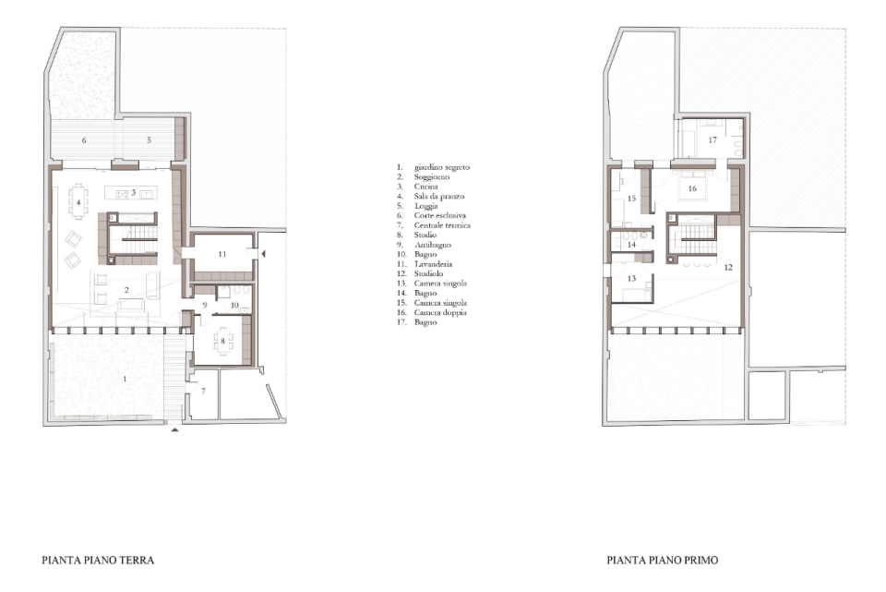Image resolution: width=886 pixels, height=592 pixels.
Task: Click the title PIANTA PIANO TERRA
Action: click(x=98, y=561)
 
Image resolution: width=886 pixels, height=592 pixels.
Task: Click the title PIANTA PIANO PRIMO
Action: click(x=663, y=561)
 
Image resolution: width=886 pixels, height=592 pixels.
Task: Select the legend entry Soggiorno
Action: click(x=432, y=177)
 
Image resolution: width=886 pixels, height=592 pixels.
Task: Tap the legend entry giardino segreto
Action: click(x=442, y=167)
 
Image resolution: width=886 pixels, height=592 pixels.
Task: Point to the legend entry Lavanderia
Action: click(x=433, y=264)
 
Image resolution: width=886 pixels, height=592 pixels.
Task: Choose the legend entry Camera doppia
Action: click(x=440, y=312)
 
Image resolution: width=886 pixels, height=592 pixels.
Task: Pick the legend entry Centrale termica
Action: click(x=442, y=225)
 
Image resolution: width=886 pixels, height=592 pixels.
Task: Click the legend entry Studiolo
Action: click(x=428, y=273)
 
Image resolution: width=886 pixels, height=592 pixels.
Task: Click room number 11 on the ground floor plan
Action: click(x=222, y=255)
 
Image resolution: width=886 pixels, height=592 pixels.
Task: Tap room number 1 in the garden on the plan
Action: click(x=125, y=379)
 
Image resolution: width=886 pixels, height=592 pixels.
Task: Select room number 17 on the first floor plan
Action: click(x=712, y=139)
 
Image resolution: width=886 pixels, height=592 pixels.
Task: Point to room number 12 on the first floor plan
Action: click(x=728, y=268)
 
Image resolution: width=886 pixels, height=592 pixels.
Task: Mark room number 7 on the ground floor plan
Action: click(x=203, y=391)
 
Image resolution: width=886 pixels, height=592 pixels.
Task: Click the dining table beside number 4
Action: click(x=79, y=202)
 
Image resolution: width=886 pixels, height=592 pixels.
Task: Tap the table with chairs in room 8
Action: click(x=223, y=341)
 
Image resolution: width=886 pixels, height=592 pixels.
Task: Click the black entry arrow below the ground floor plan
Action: click(x=175, y=430)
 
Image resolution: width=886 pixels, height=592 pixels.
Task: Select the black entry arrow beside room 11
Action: click(x=263, y=255)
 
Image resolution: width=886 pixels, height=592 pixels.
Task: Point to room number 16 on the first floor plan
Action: click(x=692, y=188)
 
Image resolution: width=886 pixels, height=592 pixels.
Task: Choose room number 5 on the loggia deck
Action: click(x=150, y=139)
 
